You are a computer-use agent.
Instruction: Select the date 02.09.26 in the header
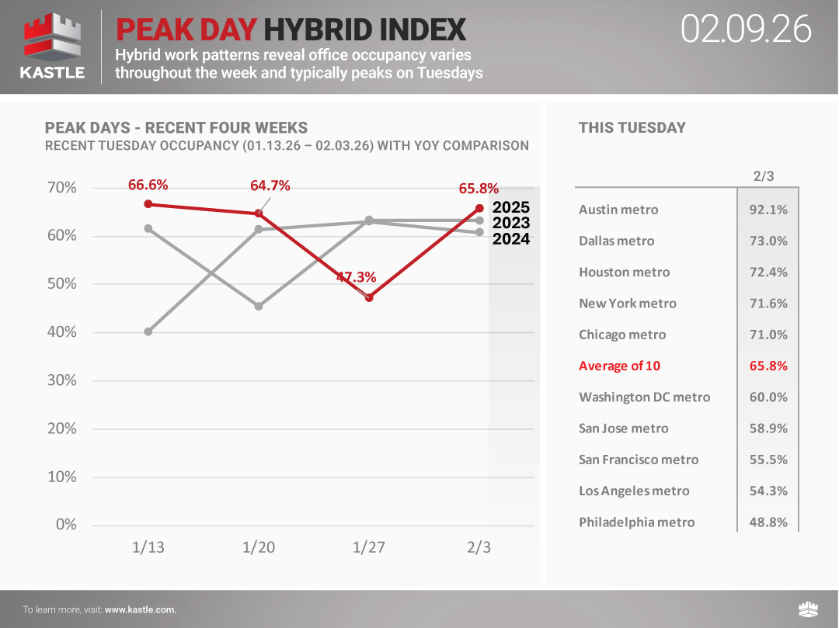pos(746,29)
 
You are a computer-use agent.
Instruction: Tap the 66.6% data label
pos(148,185)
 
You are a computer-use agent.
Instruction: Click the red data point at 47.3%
pos(369,297)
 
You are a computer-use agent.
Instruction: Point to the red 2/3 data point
pos(479,208)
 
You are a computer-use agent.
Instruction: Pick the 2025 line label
pos(511,207)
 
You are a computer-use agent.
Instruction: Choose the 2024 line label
pos(511,239)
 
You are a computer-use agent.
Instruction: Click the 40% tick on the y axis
pos(61,332)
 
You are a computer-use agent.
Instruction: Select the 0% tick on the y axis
pos(66,525)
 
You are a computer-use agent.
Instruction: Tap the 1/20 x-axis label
pos(259,547)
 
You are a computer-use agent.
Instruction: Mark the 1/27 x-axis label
pos(369,547)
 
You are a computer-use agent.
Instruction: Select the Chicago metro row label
pos(622,335)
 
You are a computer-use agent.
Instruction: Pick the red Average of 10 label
pos(619,366)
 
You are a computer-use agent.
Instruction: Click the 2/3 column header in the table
pos(764,176)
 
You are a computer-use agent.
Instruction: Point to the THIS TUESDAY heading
pos(632,128)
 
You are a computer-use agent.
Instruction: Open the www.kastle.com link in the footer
pos(140,609)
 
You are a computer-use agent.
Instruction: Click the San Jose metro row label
pos(623,428)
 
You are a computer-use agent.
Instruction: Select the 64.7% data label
pos(270,186)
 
